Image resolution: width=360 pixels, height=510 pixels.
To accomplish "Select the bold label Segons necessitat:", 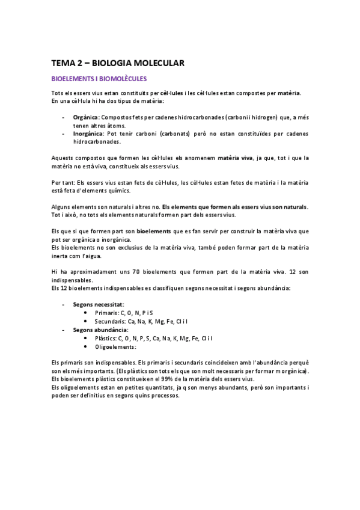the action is [x=99, y=305].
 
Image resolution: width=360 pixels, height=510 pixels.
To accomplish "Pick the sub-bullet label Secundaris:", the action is [x=110, y=322].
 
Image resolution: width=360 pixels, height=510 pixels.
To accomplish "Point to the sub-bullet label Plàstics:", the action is [x=106, y=338].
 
